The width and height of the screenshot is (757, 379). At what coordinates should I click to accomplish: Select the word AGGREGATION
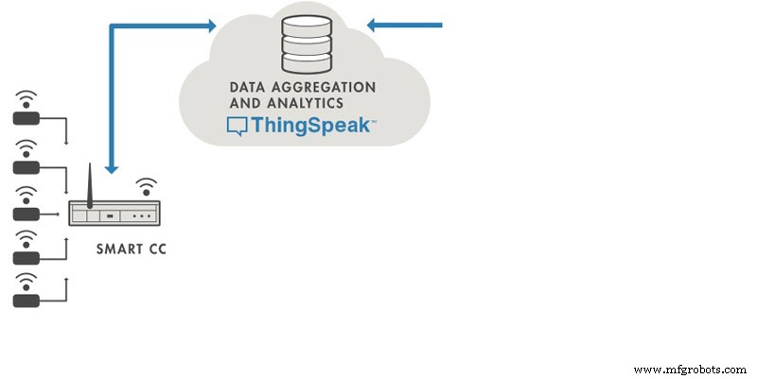point(322,87)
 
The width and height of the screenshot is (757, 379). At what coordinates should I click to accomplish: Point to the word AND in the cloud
point(245,103)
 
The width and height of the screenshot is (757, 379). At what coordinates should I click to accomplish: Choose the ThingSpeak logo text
point(310,126)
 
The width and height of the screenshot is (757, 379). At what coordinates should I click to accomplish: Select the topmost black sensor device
point(26,117)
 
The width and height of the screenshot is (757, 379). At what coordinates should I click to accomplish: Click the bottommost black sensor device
point(26,301)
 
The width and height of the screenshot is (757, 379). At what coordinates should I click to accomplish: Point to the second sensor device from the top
point(26,166)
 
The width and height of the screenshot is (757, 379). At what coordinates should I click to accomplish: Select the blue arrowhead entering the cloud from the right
point(375,26)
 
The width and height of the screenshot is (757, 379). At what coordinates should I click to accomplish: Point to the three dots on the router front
point(143,216)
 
